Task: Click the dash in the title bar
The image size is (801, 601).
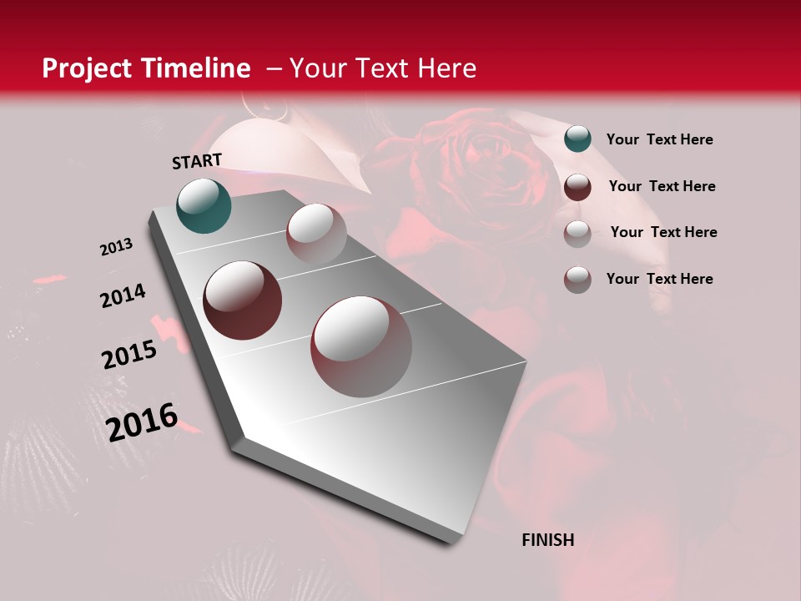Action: click(x=274, y=68)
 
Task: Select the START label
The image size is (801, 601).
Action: click(x=197, y=161)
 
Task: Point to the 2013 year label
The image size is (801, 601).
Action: click(x=117, y=247)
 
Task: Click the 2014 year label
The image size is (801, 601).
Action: click(x=123, y=296)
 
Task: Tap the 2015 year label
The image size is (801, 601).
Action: click(x=129, y=355)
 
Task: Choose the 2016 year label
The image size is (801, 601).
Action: click(x=142, y=422)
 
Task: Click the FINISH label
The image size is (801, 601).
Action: click(x=548, y=540)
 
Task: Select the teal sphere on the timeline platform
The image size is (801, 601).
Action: click(x=204, y=205)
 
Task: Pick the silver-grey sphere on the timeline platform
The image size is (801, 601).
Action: click(x=316, y=234)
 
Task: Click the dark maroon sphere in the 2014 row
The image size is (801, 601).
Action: click(x=243, y=300)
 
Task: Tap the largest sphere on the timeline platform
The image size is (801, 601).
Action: click(x=361, y=346)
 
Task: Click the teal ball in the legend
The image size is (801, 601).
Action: click(x=577, y=139)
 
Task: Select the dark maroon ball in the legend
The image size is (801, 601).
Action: click(x=577, y=186)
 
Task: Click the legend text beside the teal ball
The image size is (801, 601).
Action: click(x=659, y=139)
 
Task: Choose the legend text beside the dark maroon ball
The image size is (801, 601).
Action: click(x=662, y=186)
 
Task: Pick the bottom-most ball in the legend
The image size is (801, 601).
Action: click(x=577, y=279)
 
